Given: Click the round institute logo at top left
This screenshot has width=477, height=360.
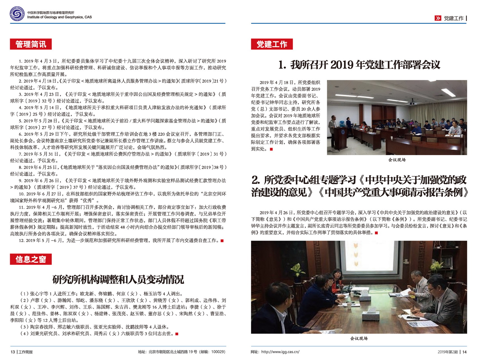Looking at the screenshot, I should (17, 14).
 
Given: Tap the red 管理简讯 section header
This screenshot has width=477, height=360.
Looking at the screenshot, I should (31, 44).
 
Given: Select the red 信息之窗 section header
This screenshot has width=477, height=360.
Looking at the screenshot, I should (31, 259).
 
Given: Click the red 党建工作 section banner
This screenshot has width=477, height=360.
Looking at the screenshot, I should (272, 44).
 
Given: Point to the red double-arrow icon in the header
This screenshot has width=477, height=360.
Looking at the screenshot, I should (438, 18).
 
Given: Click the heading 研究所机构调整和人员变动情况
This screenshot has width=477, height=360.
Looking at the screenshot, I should (118, 279).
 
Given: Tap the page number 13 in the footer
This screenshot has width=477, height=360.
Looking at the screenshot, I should (13, 352).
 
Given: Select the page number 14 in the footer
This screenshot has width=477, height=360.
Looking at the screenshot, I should (465, 352).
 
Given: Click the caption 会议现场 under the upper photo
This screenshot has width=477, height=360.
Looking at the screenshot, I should (397, 160).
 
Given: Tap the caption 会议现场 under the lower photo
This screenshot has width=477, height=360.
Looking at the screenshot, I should (359, 338).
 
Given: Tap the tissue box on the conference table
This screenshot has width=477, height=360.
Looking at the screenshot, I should (371, 315).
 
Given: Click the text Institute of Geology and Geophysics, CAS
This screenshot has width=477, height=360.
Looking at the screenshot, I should (59, 17).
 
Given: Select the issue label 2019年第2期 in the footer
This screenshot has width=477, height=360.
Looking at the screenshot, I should (448, 352).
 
